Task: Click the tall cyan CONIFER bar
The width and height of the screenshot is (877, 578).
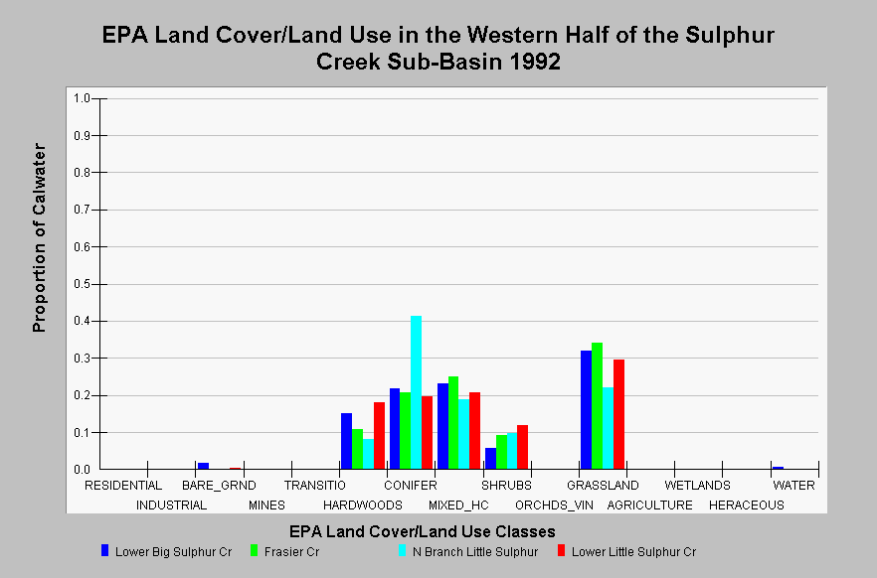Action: tap(416, 392)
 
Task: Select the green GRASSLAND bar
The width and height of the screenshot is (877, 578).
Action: tap(597, 406)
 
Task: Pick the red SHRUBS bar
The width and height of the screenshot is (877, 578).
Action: tap(522, 447)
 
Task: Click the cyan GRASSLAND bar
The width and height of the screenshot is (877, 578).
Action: tap(608, 428)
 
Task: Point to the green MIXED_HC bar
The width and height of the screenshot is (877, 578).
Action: tap(453, 423)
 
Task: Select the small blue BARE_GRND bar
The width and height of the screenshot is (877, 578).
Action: tap(203, 466)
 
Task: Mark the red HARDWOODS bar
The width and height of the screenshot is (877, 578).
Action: tap(379, 436)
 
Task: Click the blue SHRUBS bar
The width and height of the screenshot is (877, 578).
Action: tap(490, 459)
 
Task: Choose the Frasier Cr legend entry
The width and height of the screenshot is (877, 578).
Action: tap(285, 552)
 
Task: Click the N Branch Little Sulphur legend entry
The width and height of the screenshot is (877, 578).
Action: tap(468, 552)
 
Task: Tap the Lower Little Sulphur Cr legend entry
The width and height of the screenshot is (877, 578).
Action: tap(627, 552)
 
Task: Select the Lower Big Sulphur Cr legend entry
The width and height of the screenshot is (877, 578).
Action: tap(167, 552)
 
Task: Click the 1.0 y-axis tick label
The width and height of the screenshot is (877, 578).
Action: tap(82, 98)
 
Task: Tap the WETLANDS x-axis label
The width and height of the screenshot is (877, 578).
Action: tap(697, 486)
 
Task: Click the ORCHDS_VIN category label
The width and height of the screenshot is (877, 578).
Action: tap(554, 506)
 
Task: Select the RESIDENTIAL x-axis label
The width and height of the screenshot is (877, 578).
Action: tap(123, 486)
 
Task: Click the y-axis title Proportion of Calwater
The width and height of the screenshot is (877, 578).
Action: tap(39, 238)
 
